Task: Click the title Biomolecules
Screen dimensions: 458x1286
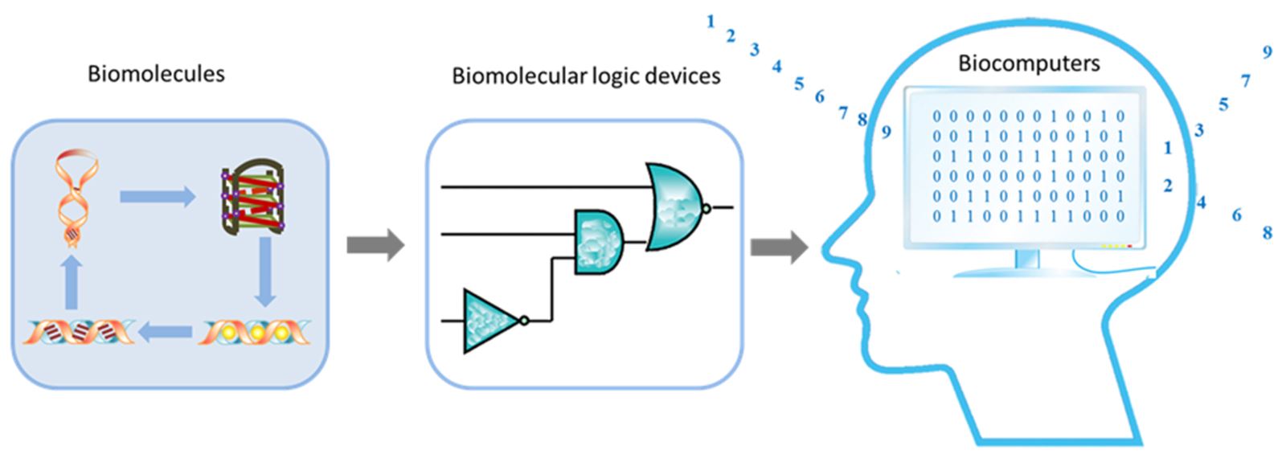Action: (156, 74)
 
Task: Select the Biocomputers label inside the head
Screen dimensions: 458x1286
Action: (1029, 63)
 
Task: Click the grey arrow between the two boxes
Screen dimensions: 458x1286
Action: (375, 244)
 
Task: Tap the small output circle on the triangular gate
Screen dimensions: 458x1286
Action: (524, 321)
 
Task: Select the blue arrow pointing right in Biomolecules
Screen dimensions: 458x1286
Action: (158, 196)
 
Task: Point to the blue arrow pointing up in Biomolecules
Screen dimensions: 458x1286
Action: (72, 282)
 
